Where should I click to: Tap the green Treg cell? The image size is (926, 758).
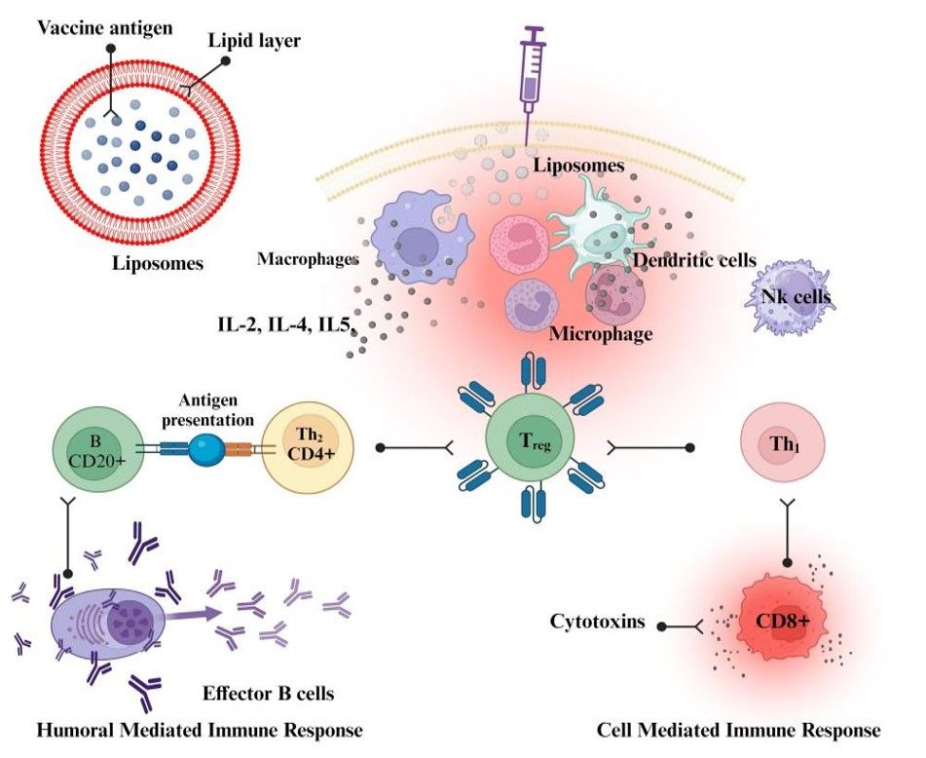pyautogui.click(x=526, y=449)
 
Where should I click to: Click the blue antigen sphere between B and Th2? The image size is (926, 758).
pyautogui.click(x=206, y=449)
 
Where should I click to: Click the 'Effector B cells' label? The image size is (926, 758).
pyautogui.click(x=269, y=694)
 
